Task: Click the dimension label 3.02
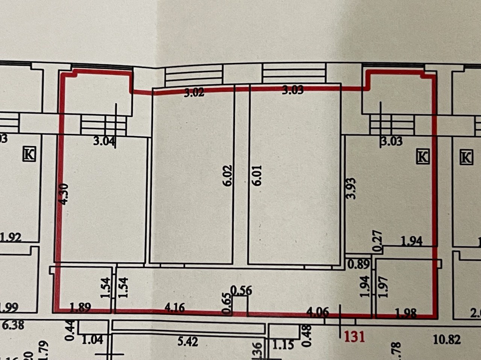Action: tap(194, 92)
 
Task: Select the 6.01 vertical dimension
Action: tap(257, 175)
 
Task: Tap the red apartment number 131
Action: tap(355, 336)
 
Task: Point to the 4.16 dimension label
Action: tap(175, 308)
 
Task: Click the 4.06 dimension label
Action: tap(318, 312)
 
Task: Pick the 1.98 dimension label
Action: tap(405, 313)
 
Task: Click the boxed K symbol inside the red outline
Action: tap(423, 156)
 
